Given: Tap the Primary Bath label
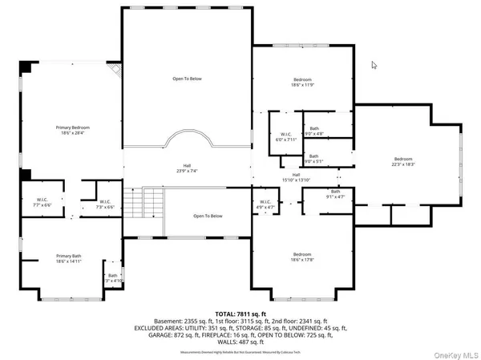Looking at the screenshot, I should (72, 259).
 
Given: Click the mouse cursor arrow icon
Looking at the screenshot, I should (374, 66).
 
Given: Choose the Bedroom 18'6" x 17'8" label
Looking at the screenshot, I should (301, 256).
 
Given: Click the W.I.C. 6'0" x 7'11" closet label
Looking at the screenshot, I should (286, 136).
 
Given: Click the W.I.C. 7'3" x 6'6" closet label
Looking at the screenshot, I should (104, 204).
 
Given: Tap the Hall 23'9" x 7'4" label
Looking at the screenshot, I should (186, 168).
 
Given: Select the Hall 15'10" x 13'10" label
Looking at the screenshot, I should (296, 177).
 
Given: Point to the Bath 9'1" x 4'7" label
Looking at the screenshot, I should (335, 194).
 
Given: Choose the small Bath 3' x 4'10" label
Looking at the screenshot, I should (112, 278).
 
